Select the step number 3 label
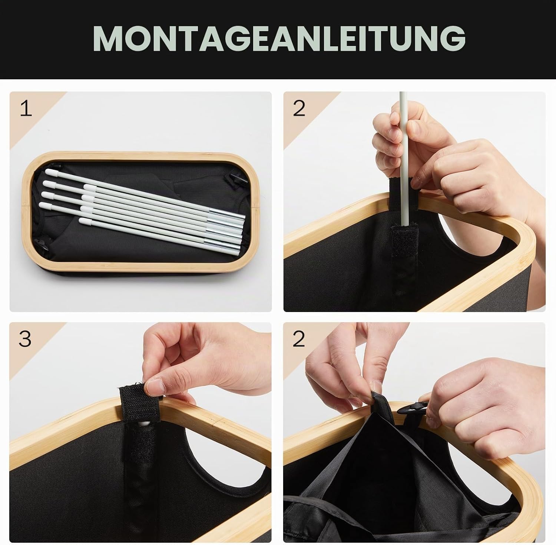point(25,339)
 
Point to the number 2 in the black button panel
point(298,339)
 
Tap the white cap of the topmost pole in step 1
point(51,172)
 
